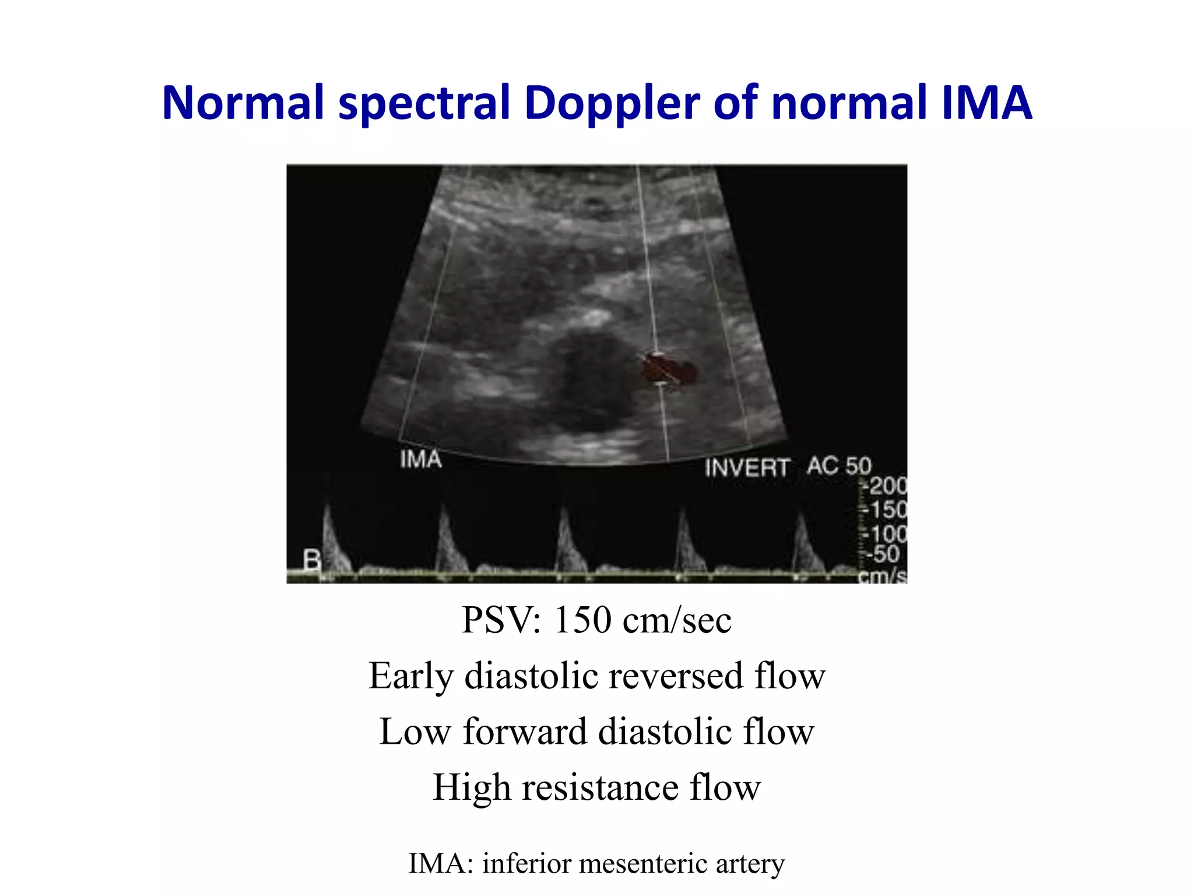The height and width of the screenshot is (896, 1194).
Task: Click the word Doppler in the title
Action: tap(612, 104)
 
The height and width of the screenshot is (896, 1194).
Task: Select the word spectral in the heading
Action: tap(424, 104)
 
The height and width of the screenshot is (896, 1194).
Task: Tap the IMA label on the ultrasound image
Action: tap(421, 460)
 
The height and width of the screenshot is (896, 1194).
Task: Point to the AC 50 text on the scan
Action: tap(839, 466)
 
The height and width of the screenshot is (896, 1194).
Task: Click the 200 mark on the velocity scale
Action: tap(888, 485)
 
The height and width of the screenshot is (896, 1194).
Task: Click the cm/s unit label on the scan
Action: tap(883, 576)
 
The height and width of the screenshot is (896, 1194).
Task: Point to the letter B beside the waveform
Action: tap(312, 561)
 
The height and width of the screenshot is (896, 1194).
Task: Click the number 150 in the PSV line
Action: tap(582, 620)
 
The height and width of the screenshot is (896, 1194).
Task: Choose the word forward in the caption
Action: tap(525, 731)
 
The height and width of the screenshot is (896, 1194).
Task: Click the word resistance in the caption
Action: tap(600, 787)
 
